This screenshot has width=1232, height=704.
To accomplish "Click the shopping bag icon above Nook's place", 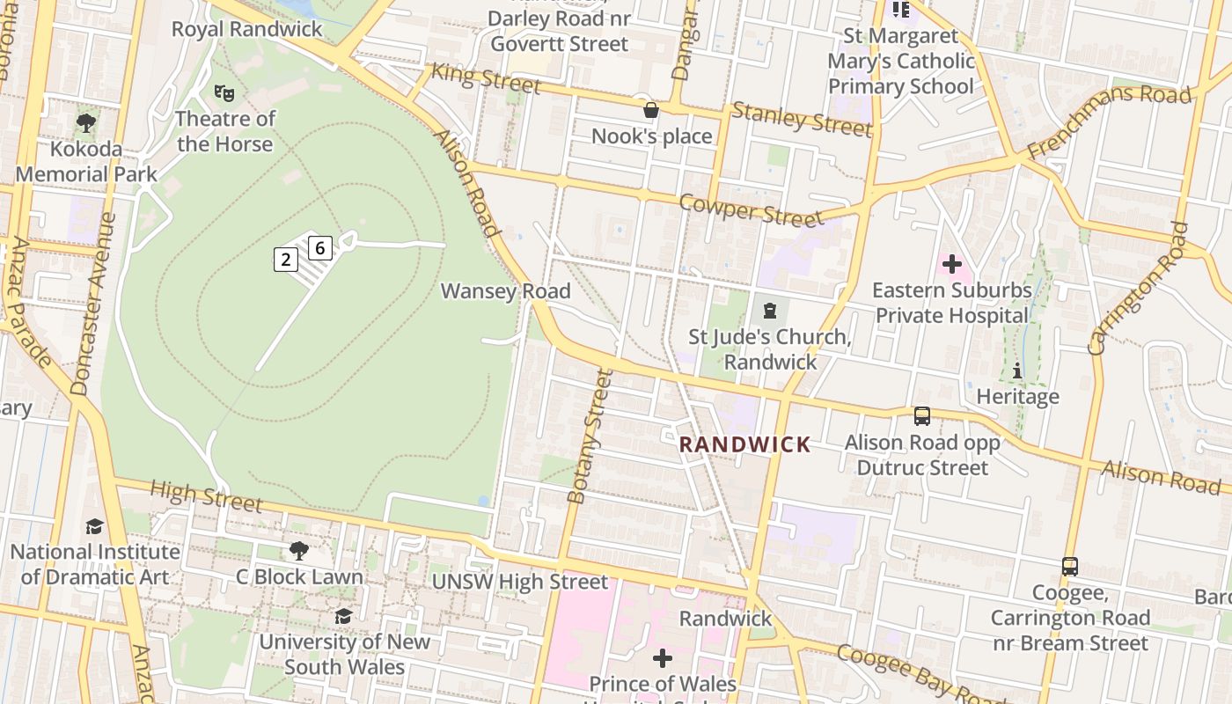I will click(x=651, y=110).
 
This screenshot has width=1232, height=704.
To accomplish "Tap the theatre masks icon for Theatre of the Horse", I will click(x=224, y=92).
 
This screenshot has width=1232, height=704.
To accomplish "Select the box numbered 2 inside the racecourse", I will click(x=285, y=259).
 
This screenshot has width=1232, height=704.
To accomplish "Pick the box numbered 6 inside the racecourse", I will click(x=320, y=248).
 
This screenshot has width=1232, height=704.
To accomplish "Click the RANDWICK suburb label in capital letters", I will click(x=744, y=444).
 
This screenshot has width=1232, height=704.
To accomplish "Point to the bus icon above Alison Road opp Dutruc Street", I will click(x=922, y=415).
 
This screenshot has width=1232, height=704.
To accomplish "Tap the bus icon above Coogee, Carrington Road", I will click(x=1070, y=566).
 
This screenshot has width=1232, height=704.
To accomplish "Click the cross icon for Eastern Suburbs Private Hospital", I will click(x=951, y=264).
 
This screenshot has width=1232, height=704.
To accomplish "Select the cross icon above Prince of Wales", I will click(x=663, y=657).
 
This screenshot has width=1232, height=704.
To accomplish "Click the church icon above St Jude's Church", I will click(x=771, y=310).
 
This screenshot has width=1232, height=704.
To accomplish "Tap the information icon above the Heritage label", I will click(x=1017, y=370).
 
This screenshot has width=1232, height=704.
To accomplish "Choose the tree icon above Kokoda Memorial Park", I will click(x=85, y=122).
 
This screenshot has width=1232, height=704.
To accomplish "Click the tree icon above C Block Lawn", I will click(x=299, y=551).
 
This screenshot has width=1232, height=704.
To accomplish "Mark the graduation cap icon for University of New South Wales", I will click(x=343, y=616).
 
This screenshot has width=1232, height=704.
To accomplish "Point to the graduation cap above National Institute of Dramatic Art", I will click(x=94, y=526).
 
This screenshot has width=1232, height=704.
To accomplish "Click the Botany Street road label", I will click(x=590, y=436).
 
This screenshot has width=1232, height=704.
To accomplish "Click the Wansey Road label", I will click(x=505, y=290).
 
